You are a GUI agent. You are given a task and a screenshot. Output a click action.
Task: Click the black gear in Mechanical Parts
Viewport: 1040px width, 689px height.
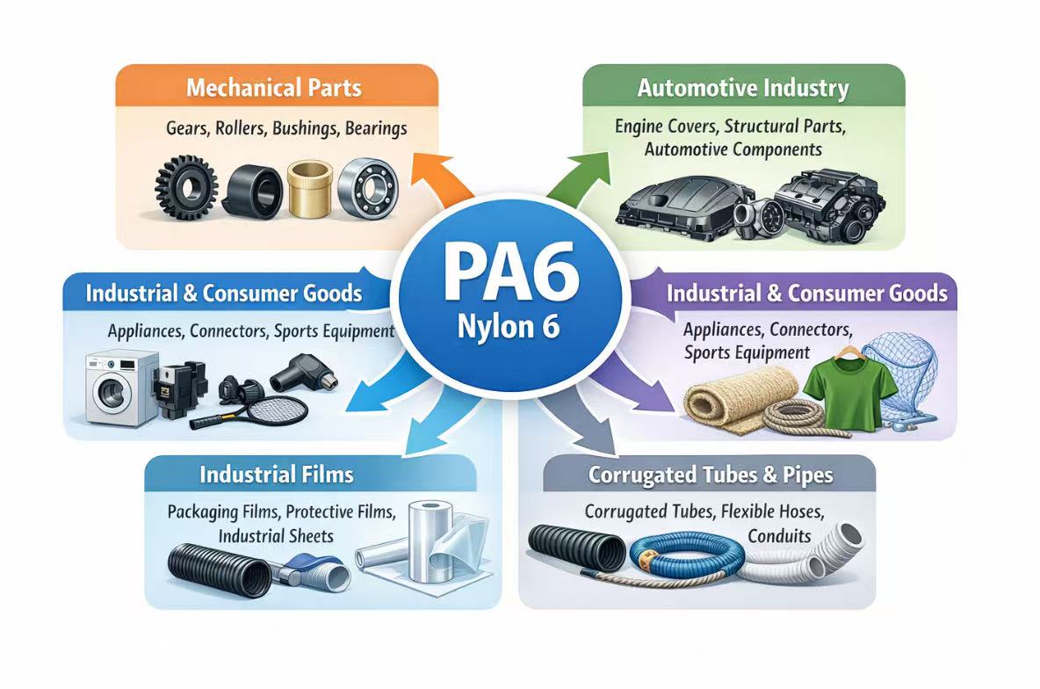[x=185, y=186]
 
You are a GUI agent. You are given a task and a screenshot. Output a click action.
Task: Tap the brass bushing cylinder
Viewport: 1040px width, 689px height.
[x=312, y=189]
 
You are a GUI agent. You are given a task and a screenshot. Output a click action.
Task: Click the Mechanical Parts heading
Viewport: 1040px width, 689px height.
[x=274, y=88]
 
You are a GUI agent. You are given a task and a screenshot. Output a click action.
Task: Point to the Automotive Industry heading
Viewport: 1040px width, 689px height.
[x=743, y=88]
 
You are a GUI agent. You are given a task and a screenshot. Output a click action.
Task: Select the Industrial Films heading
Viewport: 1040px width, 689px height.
[x=277, y=475]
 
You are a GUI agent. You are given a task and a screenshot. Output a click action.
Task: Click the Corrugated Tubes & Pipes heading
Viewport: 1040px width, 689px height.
[x=711, y=475]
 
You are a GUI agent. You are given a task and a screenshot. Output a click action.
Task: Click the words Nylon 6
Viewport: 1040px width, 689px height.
[x=509, y=327]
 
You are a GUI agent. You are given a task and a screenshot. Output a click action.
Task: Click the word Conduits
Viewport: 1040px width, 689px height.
[x=779, y=535]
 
